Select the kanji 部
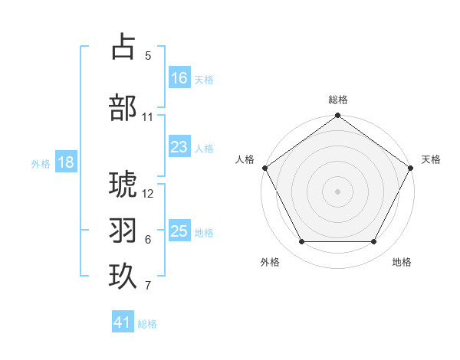point(123,107)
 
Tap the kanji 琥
point(123,185)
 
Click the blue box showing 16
point(179,78)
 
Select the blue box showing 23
point(179,148)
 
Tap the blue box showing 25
point(179,231)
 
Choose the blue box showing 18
point(65,162)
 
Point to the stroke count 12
point(148,193)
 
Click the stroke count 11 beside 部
point(148,117)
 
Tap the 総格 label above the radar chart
point(337,100)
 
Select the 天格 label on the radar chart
point(431,159)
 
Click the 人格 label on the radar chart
point(245,159)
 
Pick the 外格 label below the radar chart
point(270,262)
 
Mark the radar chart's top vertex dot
point(337,116)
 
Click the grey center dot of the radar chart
point(337,191)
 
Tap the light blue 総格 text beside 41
point(147,324)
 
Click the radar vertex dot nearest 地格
point(374,242)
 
